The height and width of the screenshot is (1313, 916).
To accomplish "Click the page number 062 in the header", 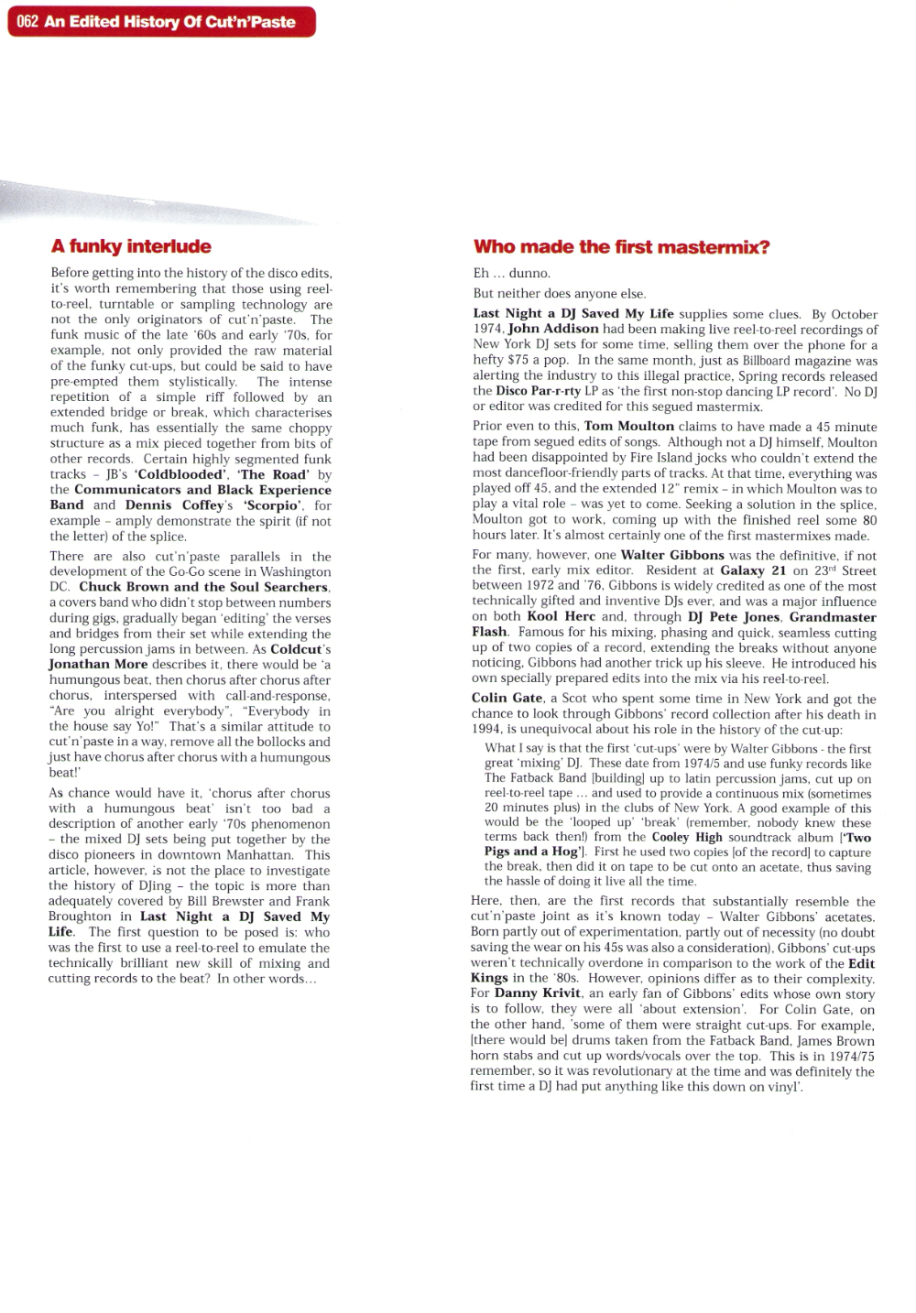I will coord(27,22).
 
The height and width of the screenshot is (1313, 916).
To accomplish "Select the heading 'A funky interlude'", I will coord(131,246).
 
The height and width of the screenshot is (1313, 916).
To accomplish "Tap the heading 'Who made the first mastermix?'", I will coord(621,246).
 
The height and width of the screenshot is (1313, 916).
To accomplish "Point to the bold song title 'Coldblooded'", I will coord(180,474).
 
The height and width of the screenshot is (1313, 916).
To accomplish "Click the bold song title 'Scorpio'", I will coord(272,505).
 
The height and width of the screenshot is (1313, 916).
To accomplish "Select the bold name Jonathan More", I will coord(98,665).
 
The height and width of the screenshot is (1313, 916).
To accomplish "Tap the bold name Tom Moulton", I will coord(629,427).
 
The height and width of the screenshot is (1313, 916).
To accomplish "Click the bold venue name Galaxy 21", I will coord(753,570).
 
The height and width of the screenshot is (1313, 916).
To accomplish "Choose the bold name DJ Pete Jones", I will coord(734,617).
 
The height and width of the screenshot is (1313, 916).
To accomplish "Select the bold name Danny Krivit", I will coord(538,993).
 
